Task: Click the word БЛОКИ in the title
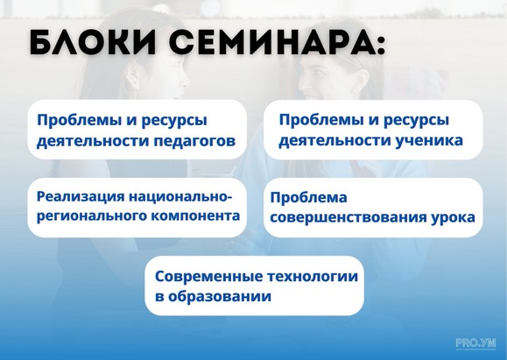click(92, 43)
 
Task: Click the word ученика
click(429, 141)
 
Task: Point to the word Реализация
click(81, 197)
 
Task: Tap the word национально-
click(180, 196)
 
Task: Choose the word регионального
click(92, 216)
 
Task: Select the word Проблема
click(309, 197)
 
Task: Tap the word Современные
click(208, 277)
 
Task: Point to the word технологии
click(313, 277)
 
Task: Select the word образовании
click(220, 296)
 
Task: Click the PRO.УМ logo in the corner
click(475, 343)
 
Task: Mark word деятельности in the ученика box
click(334, 141)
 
